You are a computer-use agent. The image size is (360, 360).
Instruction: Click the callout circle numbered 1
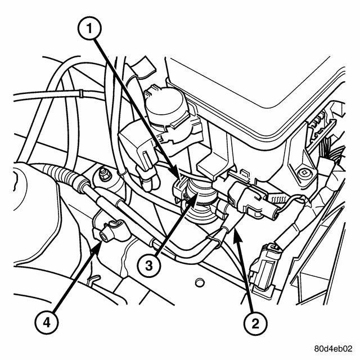point(89,29)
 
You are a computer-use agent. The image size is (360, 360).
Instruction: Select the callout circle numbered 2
point(255,324)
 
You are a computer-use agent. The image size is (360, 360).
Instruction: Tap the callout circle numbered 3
point(148,266)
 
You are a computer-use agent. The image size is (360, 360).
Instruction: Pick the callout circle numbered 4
point(47,323)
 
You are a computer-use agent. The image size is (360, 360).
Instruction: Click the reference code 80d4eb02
point(333,349)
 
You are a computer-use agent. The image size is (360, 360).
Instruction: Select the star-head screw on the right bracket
point(304,173)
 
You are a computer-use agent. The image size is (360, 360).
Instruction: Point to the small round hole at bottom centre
point(199,282)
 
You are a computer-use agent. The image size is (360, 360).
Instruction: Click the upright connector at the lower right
point(264,271)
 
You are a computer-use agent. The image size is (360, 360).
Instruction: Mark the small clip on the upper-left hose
point(81,93)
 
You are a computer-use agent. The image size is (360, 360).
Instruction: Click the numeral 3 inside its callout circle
point(148,266)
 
